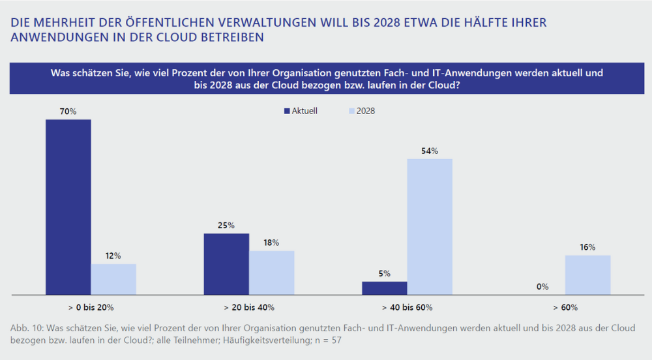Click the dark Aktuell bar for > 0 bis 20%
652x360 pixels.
pyautogui.click(x=68, y=207)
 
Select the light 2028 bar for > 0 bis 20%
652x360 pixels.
pyautogui.click(x=113, y=279)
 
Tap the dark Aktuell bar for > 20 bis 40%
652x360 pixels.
pyautogui.click(x=226, y=263)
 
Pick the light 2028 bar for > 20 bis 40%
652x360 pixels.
pyautogui.click(x=272, y=273)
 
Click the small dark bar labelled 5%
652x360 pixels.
pyautogui.click(x=385, y=288)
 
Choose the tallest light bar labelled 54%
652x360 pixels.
pyautogui.click(x=430, y=226)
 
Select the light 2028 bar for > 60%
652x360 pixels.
pyautogui.click(x=587, y=275)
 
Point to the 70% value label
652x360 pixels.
pyautogui.click(x=68, y=112)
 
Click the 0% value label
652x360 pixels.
pyautogui.click(x=542, y=286)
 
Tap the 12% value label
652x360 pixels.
pyautogui.click(x=113, y=256)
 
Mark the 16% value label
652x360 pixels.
pyautogui.click(x=587, y=247)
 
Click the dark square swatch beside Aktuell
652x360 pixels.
pyautogui.click(x=286, y=112)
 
